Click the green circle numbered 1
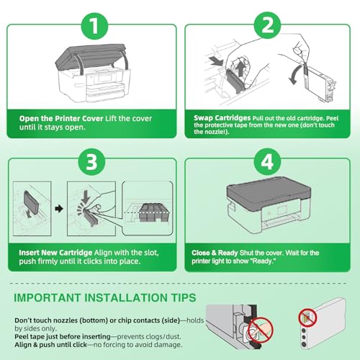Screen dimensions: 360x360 tap(94, 26)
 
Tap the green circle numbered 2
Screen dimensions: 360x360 tap(267, 25)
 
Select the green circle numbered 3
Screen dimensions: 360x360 tap(91, 161)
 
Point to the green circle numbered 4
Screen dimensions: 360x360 tap(267, 161)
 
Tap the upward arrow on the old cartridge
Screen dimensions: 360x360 tap(240, 69)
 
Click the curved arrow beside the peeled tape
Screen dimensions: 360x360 tap(294, 75)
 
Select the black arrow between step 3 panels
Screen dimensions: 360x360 tap(59, 208)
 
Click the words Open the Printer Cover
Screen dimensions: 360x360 tap(61, 119)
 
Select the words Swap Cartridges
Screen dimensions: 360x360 tap(222, 118)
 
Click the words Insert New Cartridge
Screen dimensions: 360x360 tap(55, 253)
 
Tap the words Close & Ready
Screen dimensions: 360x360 tap(215, 253)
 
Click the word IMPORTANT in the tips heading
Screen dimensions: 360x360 tap(47, 297)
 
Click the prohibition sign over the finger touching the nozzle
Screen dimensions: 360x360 tap(261, 330)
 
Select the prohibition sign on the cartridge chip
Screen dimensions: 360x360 tap(307, 318)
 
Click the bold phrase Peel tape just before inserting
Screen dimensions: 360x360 tap(63, 336)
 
